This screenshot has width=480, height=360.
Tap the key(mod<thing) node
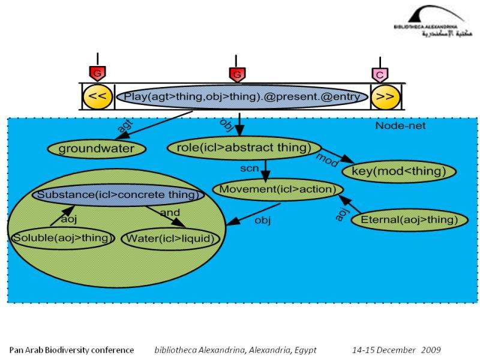coord(399,172)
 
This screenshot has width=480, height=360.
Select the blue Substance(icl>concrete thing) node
coord(118,195)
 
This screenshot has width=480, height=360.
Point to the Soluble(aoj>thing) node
coord(64,238)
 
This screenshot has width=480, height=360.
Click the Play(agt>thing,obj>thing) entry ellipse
coord(243,97)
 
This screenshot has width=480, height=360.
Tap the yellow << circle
coord(97,97)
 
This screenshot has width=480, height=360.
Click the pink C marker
coord(379,74)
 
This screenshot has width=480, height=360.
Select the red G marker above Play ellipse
coord(237,74)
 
